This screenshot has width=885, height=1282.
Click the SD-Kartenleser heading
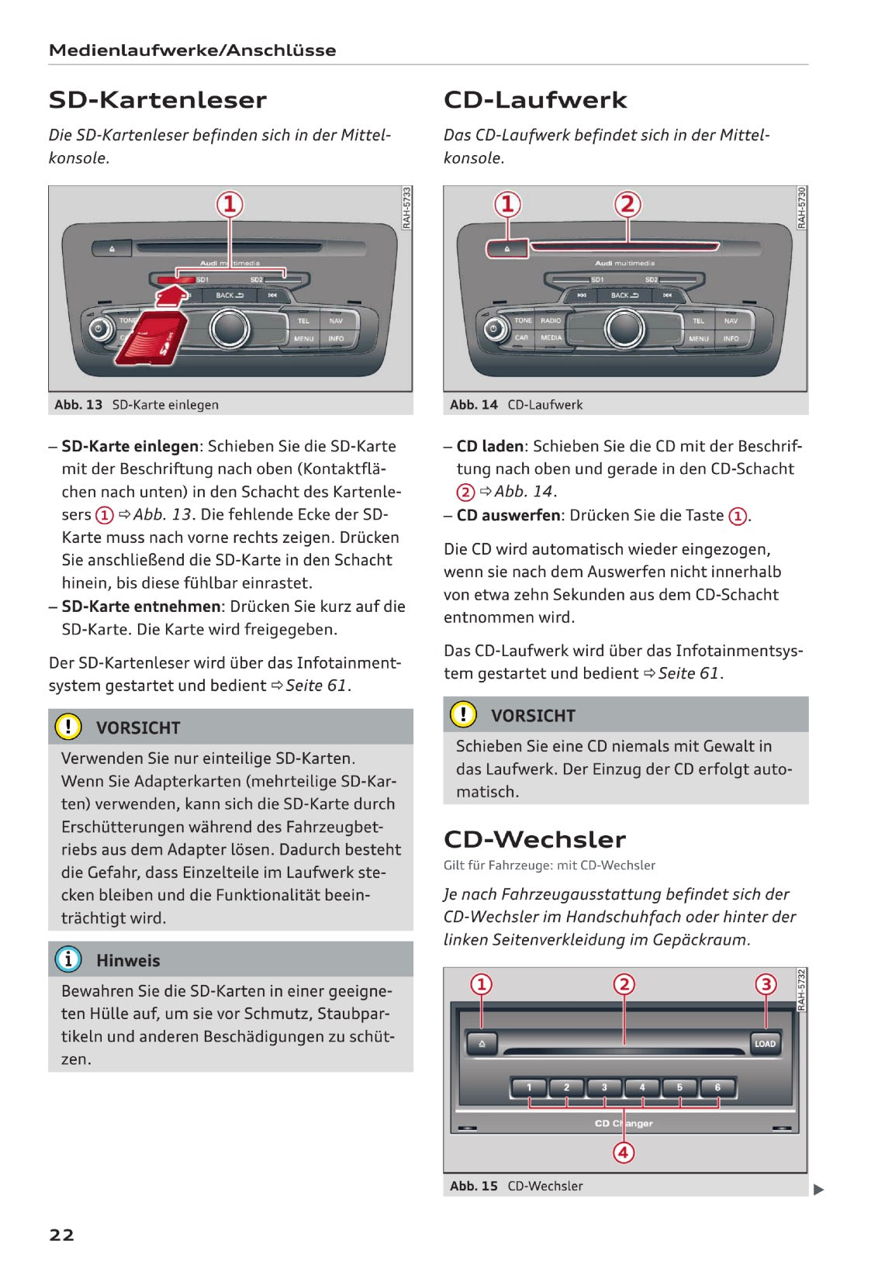point(157,100)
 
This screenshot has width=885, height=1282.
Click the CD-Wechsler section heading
point(534,839)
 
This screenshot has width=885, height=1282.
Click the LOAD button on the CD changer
point(764,1043)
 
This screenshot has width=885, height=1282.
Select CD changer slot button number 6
point(717,1087)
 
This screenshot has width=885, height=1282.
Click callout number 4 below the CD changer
point(624,1152)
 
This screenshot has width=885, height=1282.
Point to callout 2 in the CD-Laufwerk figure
point(627,205)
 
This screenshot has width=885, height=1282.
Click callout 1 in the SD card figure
point(230,205)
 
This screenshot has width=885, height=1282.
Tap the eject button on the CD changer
point(482,1044)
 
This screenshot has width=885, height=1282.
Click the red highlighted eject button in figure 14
point(507,249)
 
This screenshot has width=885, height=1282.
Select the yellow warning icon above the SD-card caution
point(68,727)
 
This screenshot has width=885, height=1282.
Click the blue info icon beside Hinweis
point(68,959)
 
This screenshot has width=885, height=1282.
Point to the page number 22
point(61,1235)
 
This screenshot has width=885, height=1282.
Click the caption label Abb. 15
point(473,1186)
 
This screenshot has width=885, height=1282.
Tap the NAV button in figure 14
point(731,320)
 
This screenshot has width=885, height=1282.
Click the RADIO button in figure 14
point(551,320)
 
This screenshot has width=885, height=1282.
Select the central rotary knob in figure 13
point(230,328)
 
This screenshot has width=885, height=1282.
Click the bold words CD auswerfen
point(508,515)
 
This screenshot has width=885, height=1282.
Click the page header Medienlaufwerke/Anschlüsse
point(192,50)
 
